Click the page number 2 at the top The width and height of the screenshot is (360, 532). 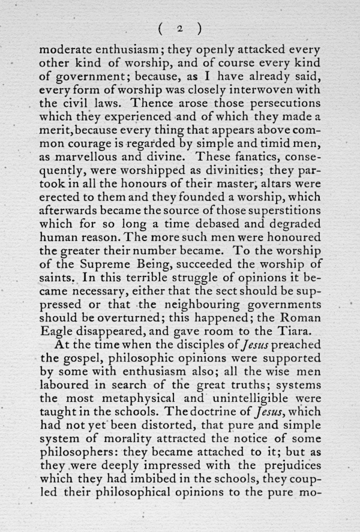179,28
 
